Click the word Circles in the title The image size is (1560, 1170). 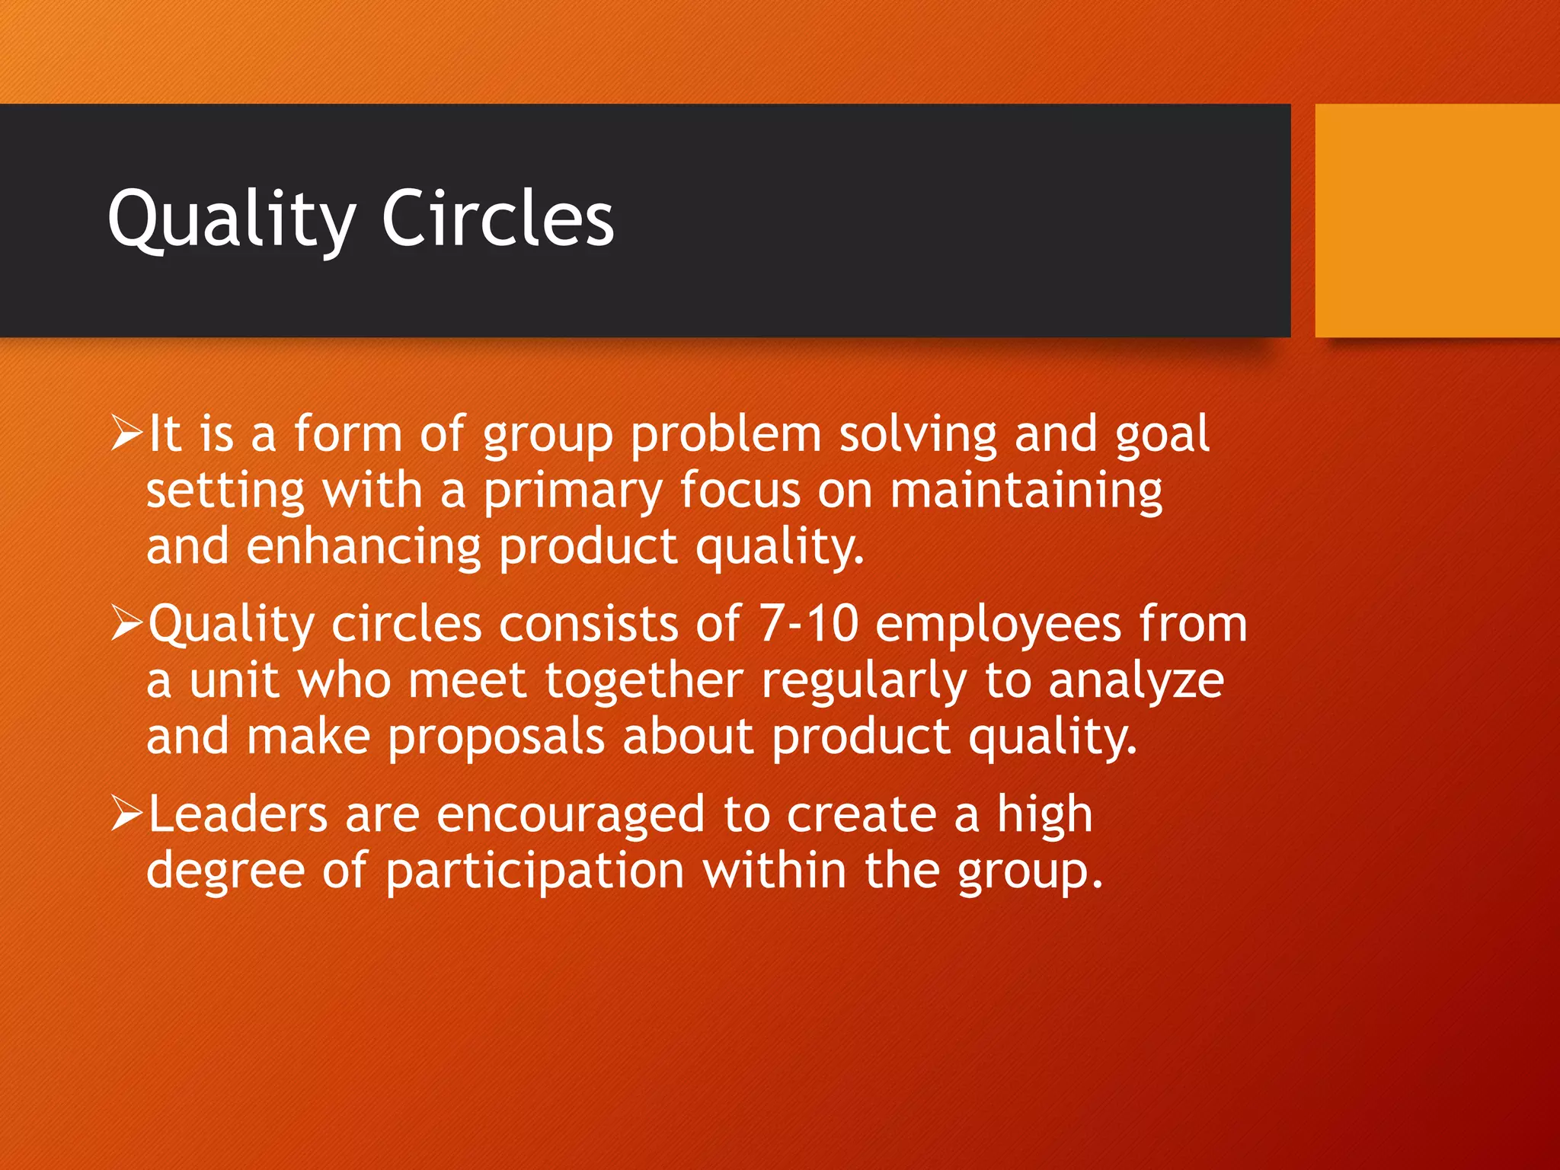497,219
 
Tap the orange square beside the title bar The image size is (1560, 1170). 1437,221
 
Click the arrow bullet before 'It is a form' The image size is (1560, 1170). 126,433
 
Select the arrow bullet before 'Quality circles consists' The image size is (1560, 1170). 126,623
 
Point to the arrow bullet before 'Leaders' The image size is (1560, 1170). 126,813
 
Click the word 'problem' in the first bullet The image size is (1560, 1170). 726,434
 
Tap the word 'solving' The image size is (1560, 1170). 918,434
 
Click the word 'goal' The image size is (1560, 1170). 1162,434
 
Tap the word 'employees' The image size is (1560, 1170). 998,625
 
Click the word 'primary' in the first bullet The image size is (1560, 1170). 573,491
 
